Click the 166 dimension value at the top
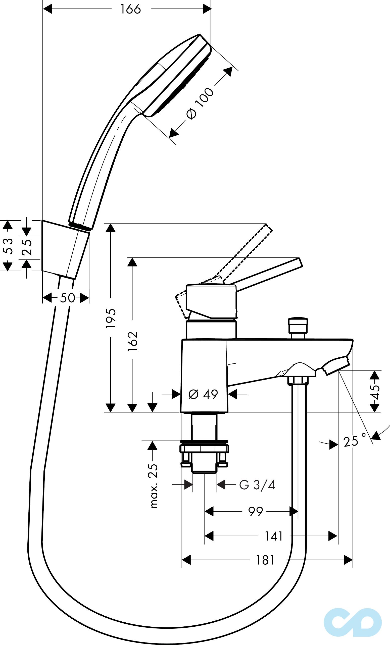pos(130,10)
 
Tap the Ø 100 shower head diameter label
pos(200,104)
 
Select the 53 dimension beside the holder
pos(9,246)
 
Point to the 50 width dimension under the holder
pos(67,298)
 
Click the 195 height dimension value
pos(111,318)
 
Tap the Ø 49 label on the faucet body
pos(203,394)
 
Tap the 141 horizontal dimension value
pos(274,536)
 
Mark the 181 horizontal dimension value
pos(265,560)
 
